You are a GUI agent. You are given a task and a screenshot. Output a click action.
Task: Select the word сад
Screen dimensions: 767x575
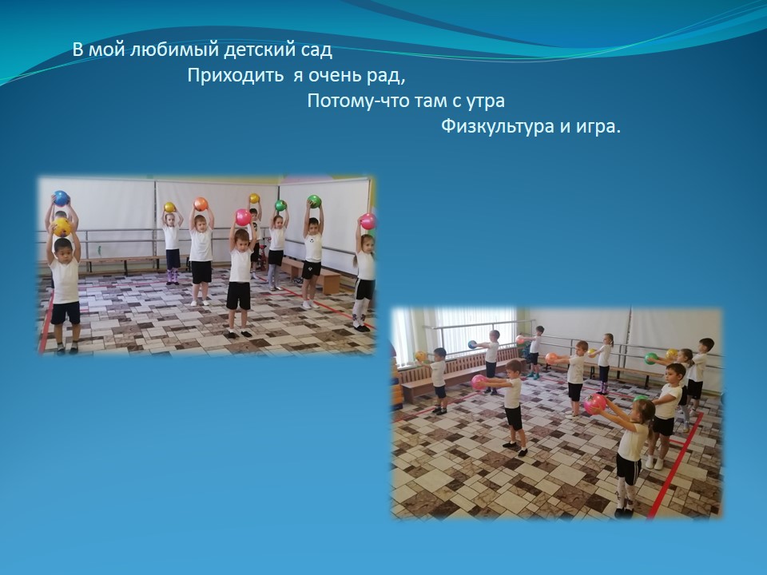coord(317,50)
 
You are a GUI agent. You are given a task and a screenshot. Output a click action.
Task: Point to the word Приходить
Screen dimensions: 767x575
coord(235,76)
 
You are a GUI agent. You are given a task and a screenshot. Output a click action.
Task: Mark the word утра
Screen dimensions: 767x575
coord(484,101)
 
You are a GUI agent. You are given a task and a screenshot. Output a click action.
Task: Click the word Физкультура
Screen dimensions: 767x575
coord(498,127)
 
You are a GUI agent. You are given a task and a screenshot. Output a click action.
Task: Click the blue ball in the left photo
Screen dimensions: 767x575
coord(61,198)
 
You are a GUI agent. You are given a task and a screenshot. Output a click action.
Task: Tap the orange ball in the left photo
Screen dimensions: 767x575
coord(201,204)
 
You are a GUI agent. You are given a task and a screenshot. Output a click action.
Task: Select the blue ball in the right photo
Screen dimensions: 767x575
coord(472,344)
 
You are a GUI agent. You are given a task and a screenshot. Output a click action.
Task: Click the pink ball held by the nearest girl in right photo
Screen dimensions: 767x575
coord(594,404)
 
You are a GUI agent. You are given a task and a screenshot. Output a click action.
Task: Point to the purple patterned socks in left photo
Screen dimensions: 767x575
coord(173,277)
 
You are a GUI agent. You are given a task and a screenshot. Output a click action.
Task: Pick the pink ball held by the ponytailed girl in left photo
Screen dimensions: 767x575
coord(368,221)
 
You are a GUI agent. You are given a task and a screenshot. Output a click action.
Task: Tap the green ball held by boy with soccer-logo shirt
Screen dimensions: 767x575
coord(314,201)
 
